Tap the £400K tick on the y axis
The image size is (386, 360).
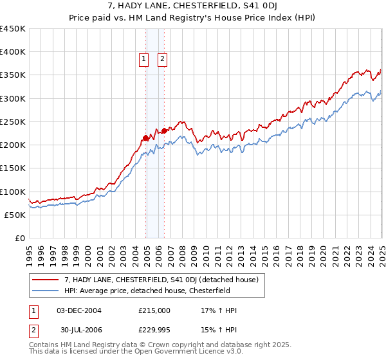[x=13, y=52]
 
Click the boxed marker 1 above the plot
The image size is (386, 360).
[x=143, y=60]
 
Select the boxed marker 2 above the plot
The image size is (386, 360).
[x=161, y=60]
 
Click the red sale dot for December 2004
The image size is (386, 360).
[x=146, y=138]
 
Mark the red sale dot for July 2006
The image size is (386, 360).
[x=165, y=130]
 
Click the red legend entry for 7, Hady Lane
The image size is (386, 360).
[x=161, y=280]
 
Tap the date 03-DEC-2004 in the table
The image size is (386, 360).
[x=79, y=310]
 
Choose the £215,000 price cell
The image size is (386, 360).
[x=154, y=310]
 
